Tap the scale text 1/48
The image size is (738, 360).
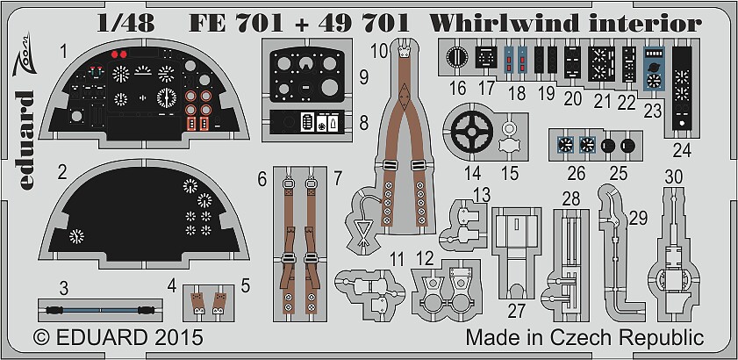125,23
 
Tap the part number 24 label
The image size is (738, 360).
682,151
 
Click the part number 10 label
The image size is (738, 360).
381,50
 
